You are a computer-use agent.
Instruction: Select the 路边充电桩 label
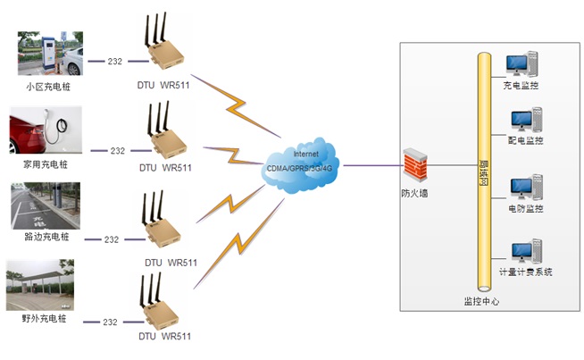coord(46,237)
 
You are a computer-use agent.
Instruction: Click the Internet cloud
coord(301,163)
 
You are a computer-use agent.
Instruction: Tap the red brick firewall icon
coord(413,166)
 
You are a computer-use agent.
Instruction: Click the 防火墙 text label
coord(413,193)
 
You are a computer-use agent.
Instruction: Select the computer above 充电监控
coord(521,64)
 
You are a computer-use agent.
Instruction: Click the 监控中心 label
coord(481,301)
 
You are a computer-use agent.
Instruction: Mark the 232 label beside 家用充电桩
coord(117,151)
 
